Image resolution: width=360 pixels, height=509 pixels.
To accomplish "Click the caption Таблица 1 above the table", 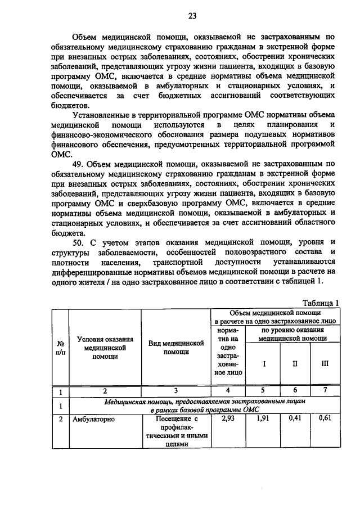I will [x=321, y=303].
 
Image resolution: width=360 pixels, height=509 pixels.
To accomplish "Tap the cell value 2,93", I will [x=228, y=418].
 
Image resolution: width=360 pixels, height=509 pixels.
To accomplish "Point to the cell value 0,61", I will [x=325, y=418].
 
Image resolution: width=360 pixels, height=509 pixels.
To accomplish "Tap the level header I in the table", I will [x=264, y=363].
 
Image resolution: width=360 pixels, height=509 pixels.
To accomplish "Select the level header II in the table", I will [x=295, y=363].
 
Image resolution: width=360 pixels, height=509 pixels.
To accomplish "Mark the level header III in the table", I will [x=325, y=363].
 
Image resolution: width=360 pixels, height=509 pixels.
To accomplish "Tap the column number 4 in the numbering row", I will [x=228, y=390].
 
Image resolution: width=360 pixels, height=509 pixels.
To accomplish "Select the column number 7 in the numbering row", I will [x=325, y=390].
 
